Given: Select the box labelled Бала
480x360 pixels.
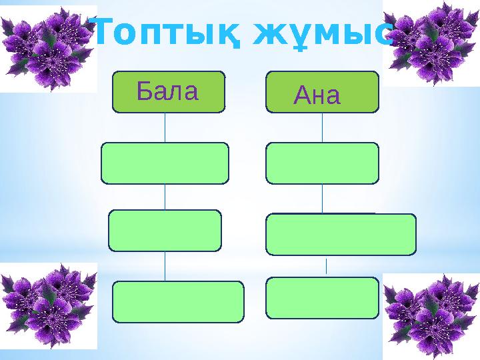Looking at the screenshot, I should pos(168,91).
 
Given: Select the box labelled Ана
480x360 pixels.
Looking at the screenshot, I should pos(321,92).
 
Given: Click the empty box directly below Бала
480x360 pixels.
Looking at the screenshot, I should pos(165,163).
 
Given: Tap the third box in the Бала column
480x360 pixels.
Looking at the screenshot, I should pos(165,231).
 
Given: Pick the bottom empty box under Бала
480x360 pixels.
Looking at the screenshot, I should pos(179,301).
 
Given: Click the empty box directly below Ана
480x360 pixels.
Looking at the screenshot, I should pos(322,163).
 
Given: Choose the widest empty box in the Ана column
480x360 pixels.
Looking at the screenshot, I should pos(341,234).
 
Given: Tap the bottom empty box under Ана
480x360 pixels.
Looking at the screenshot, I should pos(322,297).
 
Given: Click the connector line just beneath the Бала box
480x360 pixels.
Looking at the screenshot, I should pos(165,127).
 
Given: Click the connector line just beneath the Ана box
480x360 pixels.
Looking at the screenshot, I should pos(323,127).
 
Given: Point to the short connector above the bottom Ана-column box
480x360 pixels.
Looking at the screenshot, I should pos(326,266).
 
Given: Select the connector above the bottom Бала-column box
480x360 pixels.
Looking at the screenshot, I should pos(165,266).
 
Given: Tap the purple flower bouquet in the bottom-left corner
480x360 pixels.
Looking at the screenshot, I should pos(47,306).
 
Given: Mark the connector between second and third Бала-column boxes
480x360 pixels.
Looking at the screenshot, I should pos(165,197).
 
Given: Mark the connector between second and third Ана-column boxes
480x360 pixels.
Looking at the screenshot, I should pos(323,198).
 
